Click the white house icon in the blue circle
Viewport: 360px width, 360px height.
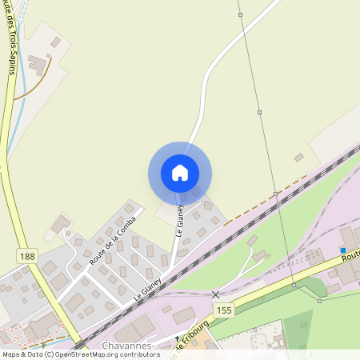tap(179, 173)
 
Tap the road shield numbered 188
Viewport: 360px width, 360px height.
tap(27, 255)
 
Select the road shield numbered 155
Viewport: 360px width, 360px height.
tap(224, 309)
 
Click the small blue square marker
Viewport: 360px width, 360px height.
tap(342, 250)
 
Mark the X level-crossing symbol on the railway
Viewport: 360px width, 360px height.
tap(215, 295)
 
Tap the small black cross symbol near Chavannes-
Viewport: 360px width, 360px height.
tap(176, 339)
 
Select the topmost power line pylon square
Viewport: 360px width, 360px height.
tap(240, 14)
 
